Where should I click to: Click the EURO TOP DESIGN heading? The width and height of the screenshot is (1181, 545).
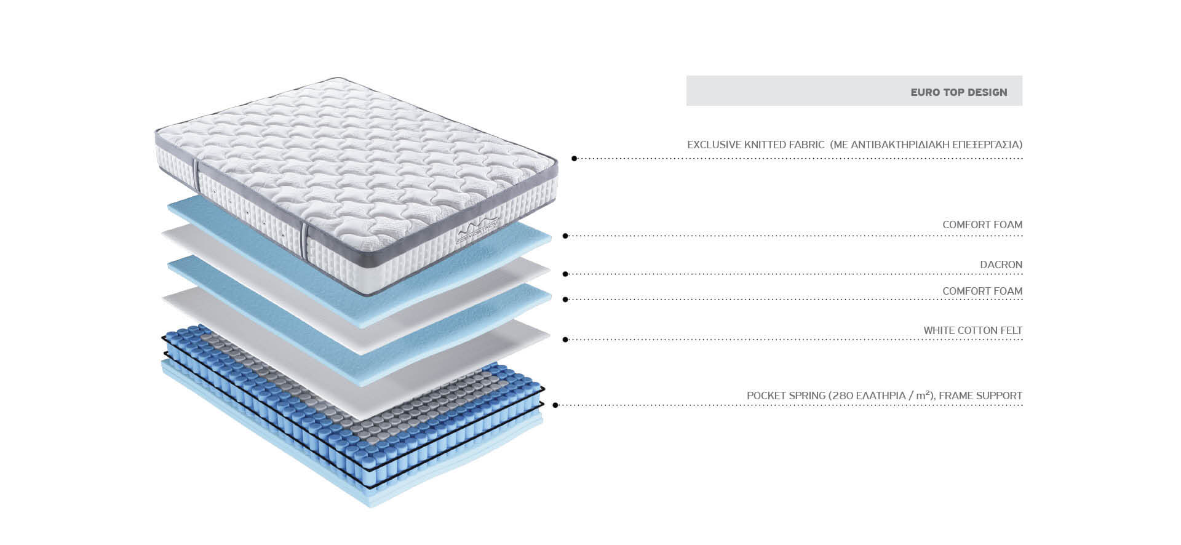(958, 92)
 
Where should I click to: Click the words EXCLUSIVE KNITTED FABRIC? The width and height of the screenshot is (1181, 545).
(755, 145)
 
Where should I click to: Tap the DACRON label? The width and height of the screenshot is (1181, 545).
(1001, 265)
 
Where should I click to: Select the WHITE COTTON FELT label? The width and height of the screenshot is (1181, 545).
(972, 330)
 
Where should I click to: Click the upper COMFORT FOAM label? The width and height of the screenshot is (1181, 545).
(982, 225)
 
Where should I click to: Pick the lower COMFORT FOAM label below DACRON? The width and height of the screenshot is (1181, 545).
(982, 291)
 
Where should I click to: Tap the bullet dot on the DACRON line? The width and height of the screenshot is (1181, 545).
(565, 274)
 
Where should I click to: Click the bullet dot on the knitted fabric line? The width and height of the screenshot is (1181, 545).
(574, 158)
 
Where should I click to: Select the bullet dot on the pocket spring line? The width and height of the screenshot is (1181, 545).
(555, 405)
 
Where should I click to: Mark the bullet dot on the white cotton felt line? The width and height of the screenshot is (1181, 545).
(565, 339)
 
